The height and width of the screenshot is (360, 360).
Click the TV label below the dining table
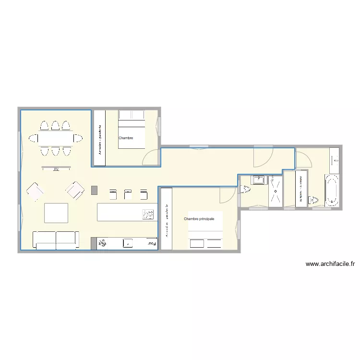[x=56, y=169]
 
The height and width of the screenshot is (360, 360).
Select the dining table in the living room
[x=55, y=138]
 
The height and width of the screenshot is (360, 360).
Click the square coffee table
[x=56, y=213]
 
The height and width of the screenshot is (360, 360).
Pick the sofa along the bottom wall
[x=55, y=239]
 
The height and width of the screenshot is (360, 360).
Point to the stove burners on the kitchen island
[x=148, y=214]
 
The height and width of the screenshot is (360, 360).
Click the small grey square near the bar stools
[x=94, y=190]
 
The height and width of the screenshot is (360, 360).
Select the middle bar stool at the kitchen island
[x=128, y=194]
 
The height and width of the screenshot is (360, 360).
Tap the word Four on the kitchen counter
[x=152, y=244]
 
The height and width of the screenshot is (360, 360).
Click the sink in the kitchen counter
[x=128, y=244]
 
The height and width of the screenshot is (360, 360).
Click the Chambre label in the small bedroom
[x=125, y=138]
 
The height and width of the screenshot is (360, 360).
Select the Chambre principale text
[x=199, y=219]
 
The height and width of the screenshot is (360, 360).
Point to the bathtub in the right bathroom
[x=332, y=190]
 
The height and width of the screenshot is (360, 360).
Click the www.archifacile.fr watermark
[x=330, y=264]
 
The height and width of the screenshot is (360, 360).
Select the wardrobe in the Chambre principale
[x=166, y=219]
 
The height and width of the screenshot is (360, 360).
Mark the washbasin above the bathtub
[x=335, y=159]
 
